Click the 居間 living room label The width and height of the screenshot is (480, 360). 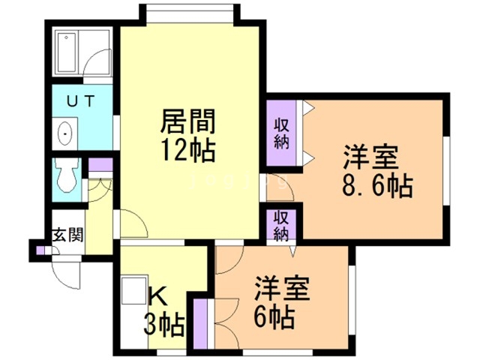(188, 121)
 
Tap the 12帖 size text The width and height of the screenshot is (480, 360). (187, 151)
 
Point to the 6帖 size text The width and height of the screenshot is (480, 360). (274, 316)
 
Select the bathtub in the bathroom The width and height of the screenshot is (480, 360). (70, 53)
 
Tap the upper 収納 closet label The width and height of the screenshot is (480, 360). (281, 133)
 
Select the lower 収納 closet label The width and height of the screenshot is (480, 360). (281, 224)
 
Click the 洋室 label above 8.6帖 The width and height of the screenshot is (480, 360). (370, 158)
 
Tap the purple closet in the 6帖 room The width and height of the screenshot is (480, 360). (200, 323)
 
